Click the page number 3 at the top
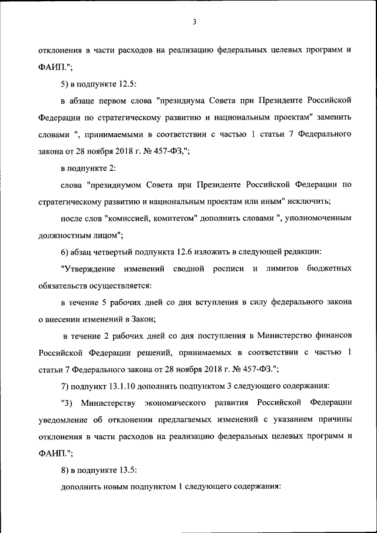(x=194, y=22)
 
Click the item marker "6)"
(x=65, y=252)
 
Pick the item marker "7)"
(x=65, y=386)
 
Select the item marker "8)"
(x=65, y=471)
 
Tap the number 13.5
(x=125, y=471)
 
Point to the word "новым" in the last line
(x=117, y=487)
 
